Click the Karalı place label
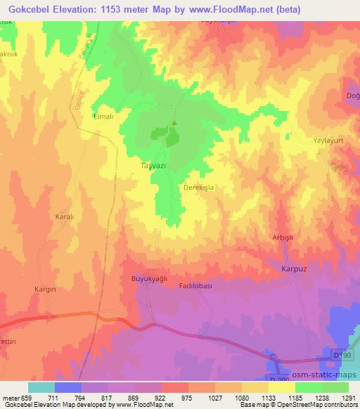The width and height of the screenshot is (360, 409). pos(65,217)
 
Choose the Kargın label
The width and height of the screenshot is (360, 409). pos(45,289)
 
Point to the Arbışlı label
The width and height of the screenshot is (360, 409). pos(282,238)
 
